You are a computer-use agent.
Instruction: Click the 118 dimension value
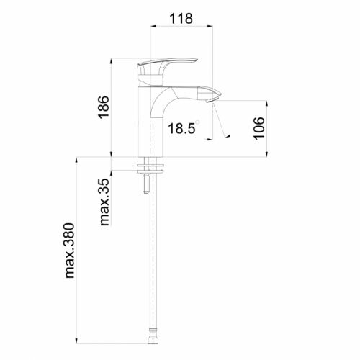[x=180, y=19]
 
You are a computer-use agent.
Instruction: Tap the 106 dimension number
[x=260, y=127]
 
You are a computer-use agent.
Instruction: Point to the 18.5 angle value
[x=182, y=129]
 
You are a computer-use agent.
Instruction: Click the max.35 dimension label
[x=105, y=202]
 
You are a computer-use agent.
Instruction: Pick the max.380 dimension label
[x=70, y=249]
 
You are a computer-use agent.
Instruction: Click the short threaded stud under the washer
[x=148, y=186]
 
